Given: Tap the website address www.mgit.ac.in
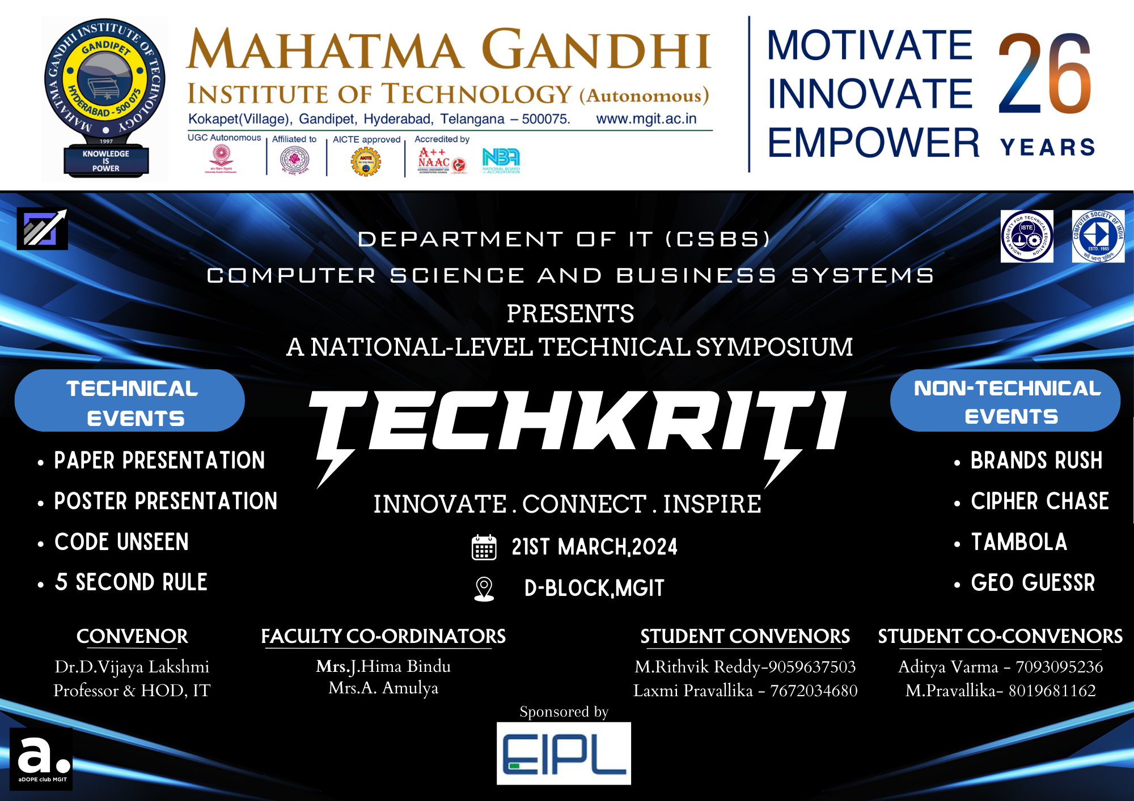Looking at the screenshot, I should (646, 119).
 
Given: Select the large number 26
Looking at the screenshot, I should (1044, 74).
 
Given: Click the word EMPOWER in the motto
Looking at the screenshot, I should (873, 143).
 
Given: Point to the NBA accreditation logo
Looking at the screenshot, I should (501, 160).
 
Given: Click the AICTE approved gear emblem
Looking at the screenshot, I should (366, 162).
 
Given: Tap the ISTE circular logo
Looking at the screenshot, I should (1026, 236).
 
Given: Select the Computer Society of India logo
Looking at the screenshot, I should (1098, 236).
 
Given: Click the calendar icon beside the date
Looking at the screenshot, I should (484, 547).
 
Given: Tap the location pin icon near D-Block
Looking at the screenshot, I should (484, 589).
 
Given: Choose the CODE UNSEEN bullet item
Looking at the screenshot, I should (121, 542).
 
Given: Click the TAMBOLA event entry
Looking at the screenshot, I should (1019, 542).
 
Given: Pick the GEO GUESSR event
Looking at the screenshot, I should (1033, 583).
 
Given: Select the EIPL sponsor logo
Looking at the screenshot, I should (564, 753).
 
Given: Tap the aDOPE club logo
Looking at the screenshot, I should (41, 759).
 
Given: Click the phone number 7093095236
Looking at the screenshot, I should (1059, 667).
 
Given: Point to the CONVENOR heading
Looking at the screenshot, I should (132, 636).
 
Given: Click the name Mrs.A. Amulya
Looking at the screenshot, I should (383, 688).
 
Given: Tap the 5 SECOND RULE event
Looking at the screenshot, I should (131, 582).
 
